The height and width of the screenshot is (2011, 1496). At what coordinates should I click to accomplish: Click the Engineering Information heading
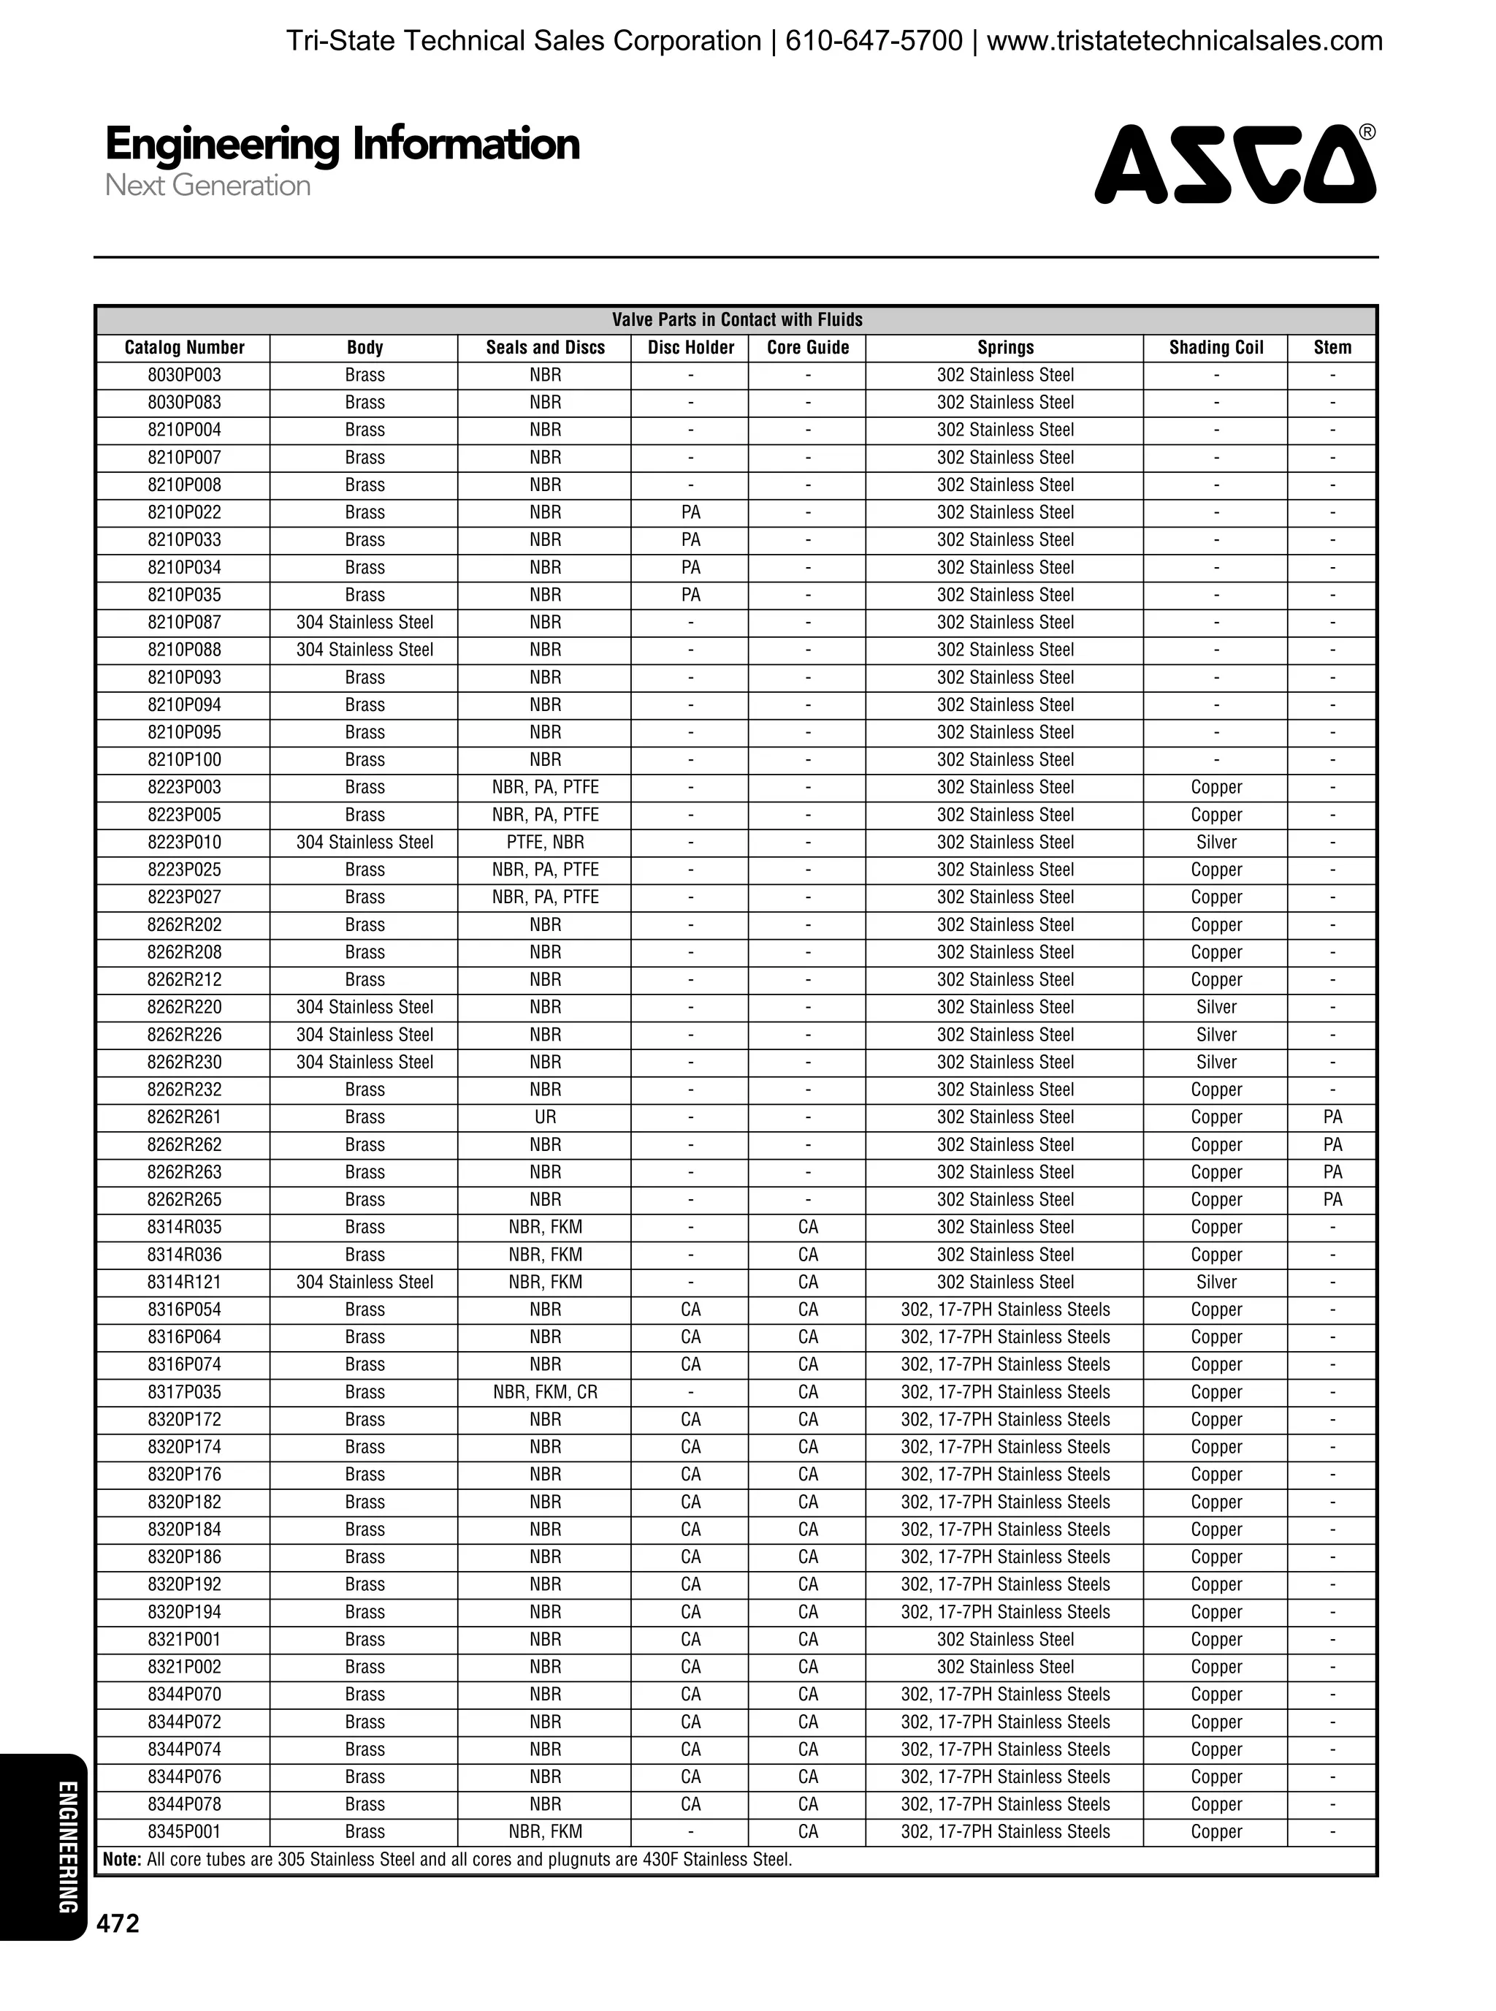[x=343, y=145]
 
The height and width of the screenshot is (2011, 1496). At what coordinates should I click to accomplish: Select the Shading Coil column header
[x=1215, y=348]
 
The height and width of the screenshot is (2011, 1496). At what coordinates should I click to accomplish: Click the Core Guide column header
[x=808, y=348]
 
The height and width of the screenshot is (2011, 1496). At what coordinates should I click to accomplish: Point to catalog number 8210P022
[x=184, y=513]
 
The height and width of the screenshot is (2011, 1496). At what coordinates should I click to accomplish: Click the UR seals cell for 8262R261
[x=545, y=1117]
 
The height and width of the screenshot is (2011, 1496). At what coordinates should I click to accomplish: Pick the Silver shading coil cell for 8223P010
[x=1215, y=843]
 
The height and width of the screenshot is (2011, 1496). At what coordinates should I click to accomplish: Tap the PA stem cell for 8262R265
[x=1332, y=1199]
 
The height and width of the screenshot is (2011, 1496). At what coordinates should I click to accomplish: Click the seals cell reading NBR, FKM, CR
[x=545, y=1392]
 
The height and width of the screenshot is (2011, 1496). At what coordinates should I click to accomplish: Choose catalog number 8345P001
[x=184, y=1832]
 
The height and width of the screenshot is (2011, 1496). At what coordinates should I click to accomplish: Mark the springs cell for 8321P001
[x=1004, y=1640]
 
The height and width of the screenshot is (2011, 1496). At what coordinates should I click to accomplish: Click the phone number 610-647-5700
[x=873, y=41]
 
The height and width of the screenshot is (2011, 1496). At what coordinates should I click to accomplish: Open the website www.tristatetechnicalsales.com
[x=1185, y=41]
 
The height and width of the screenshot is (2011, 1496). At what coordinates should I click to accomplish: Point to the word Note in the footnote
[x=122, y=1860]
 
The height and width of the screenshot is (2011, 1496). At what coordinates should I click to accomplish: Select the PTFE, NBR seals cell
[x=545, y=843]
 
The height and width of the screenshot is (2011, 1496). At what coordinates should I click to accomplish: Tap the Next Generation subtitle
[x=207, y=186]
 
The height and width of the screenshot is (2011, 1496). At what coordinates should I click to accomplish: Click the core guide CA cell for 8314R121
[x=808, y=1282]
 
